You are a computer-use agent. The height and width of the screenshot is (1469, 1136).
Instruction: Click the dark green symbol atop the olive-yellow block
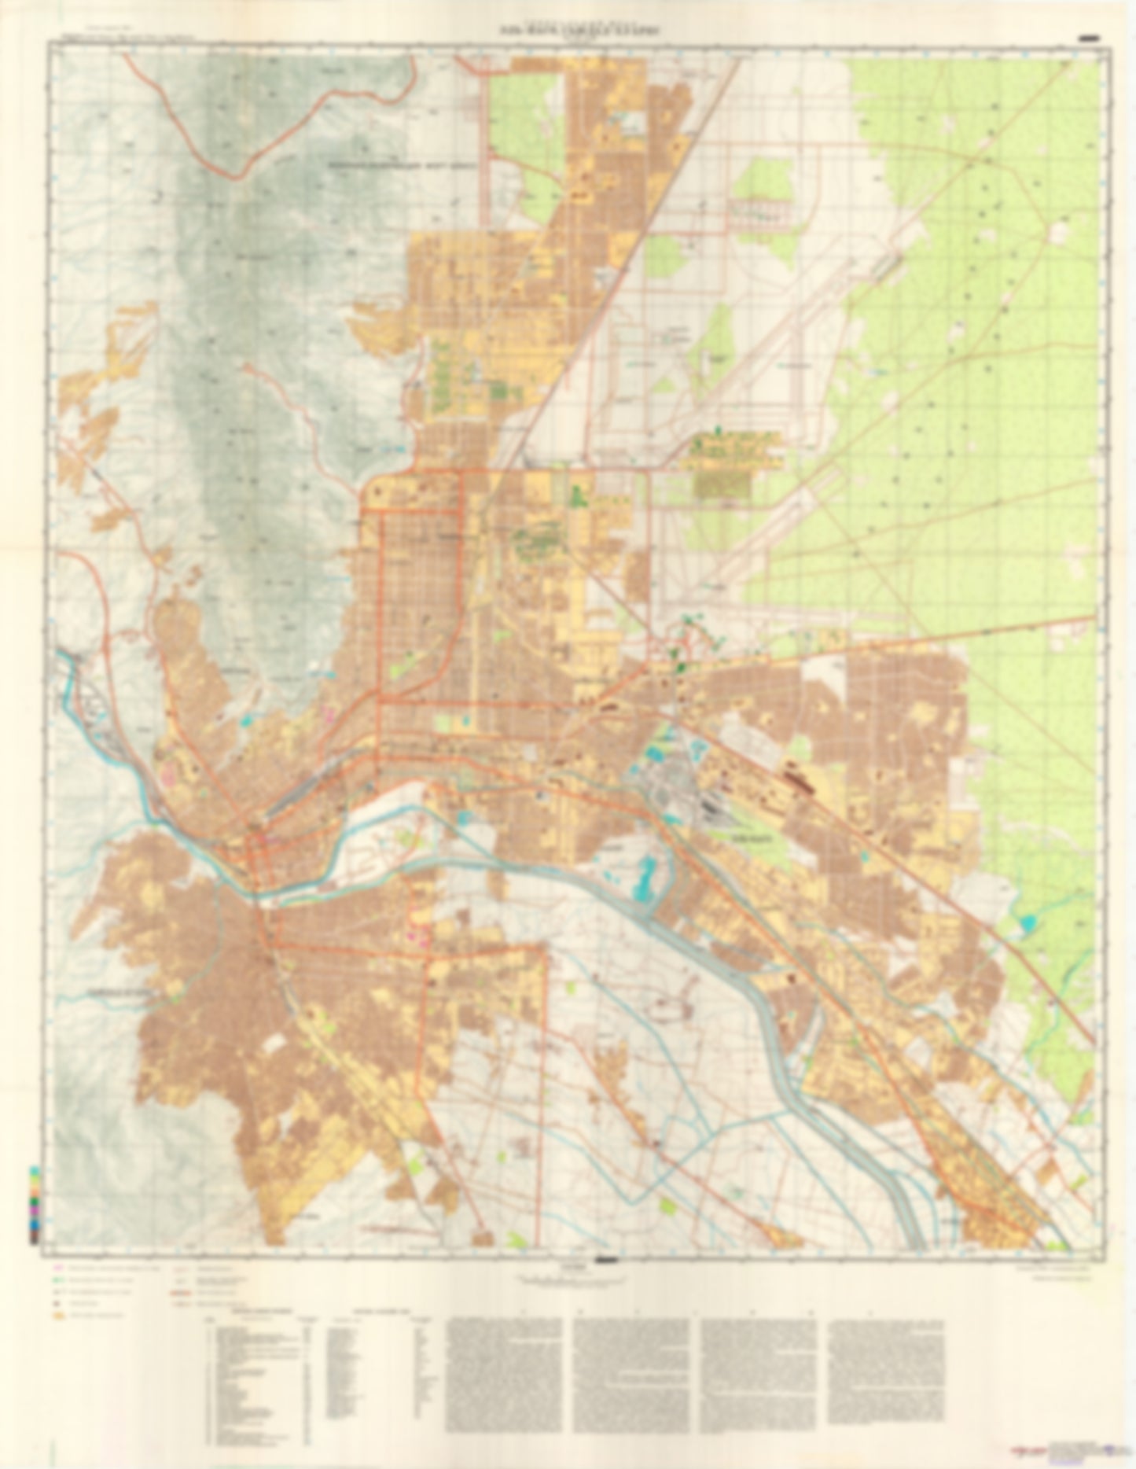pos(717,430)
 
